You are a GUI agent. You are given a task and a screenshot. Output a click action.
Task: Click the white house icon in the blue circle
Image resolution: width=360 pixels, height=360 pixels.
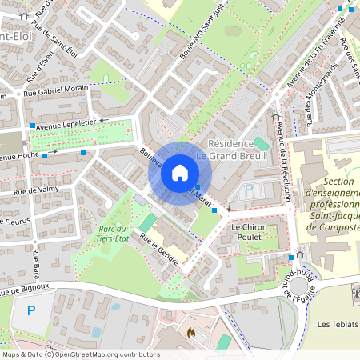click(x=180, y=173)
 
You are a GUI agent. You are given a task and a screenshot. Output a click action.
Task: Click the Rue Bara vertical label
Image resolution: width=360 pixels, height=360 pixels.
click(x=36, y=263)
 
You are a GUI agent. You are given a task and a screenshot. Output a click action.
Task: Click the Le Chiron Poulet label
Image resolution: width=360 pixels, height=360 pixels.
click(x=248, y=232)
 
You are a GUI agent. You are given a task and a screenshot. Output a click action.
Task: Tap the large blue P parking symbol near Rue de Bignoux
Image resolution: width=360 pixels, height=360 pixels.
click(x=31, y=310)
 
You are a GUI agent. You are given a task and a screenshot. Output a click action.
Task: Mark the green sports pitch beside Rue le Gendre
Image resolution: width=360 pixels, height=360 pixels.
click(x=148, y=222)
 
